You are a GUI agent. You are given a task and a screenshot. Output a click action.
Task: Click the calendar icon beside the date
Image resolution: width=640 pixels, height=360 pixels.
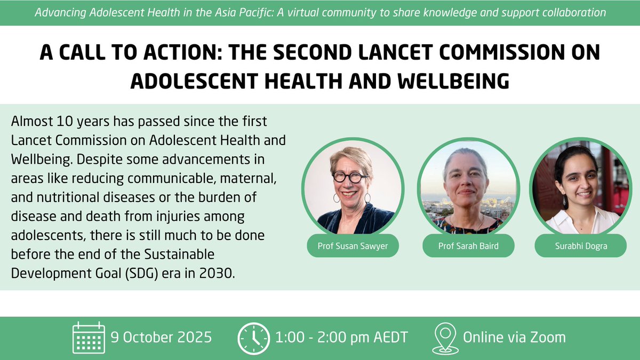88,337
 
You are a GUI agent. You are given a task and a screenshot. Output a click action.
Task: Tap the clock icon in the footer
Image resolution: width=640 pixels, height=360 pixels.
253,338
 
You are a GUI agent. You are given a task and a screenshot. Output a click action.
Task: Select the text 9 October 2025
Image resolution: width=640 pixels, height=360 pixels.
161,338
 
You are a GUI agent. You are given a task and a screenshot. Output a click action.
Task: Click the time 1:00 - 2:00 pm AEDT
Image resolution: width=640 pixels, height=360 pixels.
341,338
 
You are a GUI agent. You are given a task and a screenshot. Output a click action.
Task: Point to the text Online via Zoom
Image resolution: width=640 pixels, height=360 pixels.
514,338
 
